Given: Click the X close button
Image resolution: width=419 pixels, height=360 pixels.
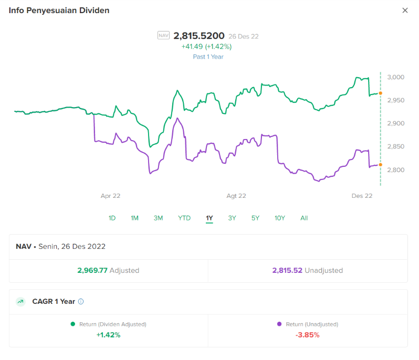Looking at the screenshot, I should [x=405, y=10].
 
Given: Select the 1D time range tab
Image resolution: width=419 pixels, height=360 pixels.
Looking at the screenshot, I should [x=112, y=218].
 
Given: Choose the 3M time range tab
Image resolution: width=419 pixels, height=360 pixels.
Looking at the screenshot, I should [x=158, y=218].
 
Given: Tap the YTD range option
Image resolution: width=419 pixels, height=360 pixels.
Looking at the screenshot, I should [x=184, y=218].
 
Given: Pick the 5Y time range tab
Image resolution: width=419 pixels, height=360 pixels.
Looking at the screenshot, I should [x=255, y=218].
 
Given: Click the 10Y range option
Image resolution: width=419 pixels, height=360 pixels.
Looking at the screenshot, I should [x=280, y=218].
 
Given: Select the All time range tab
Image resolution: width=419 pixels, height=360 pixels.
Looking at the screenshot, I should [x=304, y=218].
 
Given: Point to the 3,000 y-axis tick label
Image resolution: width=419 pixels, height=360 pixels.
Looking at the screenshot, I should [x=395, y=77].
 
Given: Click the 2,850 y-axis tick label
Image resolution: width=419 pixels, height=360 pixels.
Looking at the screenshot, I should [x=395, y=146].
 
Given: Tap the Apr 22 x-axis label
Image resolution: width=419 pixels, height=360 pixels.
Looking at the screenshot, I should [x=111, y=196].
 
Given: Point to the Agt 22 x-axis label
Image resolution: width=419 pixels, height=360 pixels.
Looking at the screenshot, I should [x=236, y=196].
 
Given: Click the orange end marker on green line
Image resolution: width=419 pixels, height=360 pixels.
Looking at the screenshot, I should [x=381, y=93].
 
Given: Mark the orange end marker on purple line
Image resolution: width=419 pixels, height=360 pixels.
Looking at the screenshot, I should [x=381, y=165].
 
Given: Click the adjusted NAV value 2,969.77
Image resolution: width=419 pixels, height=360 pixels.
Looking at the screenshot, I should [x=92, y=271].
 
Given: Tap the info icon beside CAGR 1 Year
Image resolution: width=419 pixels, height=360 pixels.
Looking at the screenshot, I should [x=81, y=302].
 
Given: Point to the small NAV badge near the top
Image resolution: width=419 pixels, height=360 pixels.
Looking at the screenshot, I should [x=163, y=36].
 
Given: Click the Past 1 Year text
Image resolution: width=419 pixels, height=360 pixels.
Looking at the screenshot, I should [x=208, y=57].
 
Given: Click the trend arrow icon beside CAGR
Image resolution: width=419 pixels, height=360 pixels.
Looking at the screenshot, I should [x=20, y=302].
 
